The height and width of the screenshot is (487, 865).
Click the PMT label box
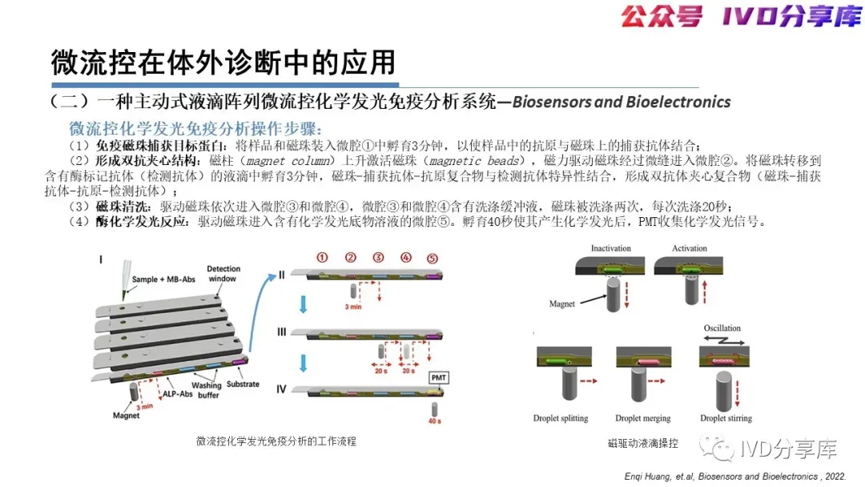[x=439, y=377]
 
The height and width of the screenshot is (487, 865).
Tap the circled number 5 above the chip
[x=433, y=258]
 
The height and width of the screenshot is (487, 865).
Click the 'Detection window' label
[x=222, y=274]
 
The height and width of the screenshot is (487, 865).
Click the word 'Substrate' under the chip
[x=243, y=384]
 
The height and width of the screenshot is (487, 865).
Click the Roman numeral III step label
[x=283, y=329]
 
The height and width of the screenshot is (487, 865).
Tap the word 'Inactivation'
[x=611, y=248]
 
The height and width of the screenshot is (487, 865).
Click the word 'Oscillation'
[x=722, y=328]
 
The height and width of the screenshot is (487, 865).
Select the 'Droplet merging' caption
[x=642, y=419]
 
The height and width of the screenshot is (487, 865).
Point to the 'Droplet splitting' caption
[x=561, y=419]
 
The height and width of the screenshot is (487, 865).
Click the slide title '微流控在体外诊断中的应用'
[x=223, y=62]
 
